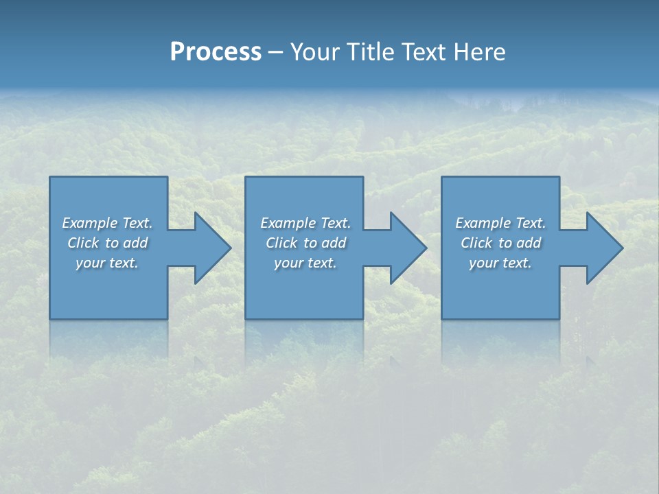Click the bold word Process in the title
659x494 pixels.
216,52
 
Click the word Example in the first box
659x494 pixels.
90,223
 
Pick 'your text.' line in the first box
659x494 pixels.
107,263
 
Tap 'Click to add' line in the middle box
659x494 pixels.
305,243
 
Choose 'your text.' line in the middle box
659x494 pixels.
305,263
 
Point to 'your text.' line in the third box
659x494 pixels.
500,263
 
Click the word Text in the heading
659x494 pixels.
424,52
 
